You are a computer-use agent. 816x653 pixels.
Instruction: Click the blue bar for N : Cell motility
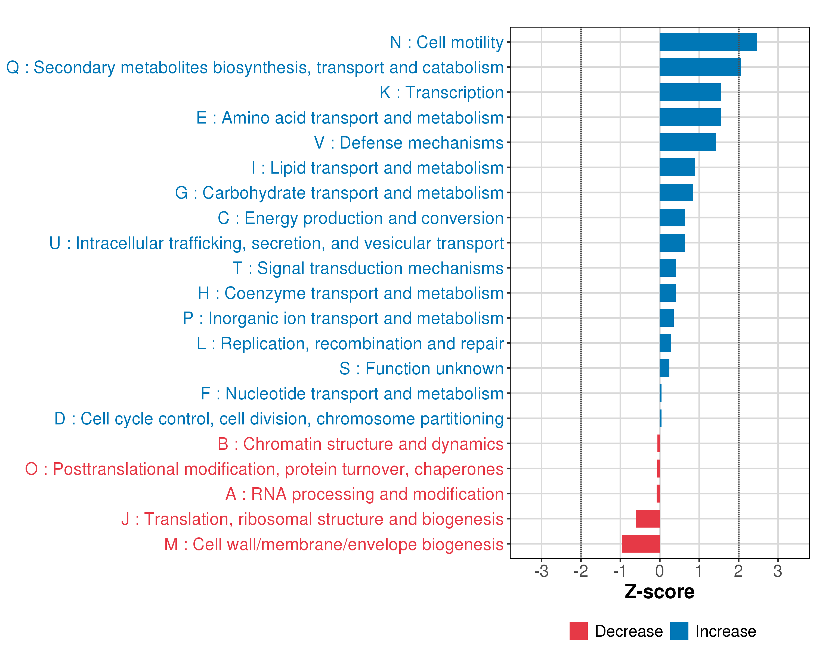708,42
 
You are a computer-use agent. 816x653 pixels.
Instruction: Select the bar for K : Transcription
690,92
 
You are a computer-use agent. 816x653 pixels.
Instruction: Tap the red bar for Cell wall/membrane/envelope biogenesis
641,544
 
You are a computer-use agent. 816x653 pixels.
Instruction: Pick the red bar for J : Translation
648,519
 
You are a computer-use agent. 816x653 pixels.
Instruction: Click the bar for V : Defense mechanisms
687,142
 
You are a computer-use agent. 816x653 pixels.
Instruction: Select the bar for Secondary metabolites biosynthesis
700,67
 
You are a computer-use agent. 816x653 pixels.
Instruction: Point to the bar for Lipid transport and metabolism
677,167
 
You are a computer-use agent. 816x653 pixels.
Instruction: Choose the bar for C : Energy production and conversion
672,218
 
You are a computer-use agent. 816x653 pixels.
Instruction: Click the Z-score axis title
660,592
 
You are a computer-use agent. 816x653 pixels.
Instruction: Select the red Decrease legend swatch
578,631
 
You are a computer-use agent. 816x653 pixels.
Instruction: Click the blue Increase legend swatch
679,631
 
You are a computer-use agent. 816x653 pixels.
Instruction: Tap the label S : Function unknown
421,369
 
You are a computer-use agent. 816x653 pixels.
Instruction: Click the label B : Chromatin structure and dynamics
360,444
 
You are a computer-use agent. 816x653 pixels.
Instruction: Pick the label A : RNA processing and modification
364,494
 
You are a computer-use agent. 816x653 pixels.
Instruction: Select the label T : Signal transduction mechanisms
368,268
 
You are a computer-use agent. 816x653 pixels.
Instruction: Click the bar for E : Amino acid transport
690,117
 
